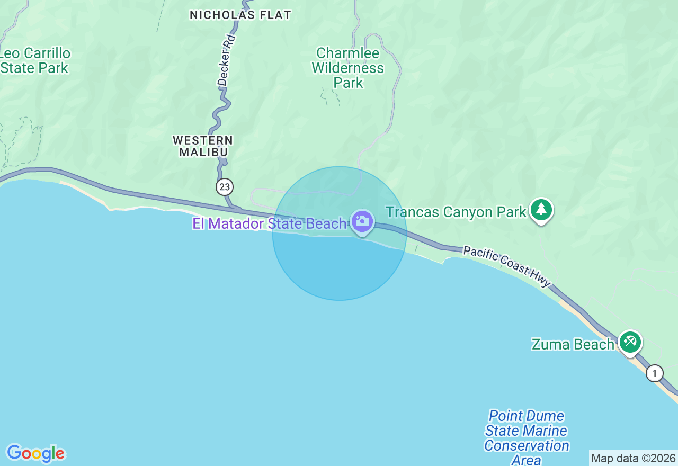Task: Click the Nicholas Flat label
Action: [240, 15]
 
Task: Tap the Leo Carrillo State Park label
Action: [35, 61]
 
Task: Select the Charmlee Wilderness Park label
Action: [348, 68]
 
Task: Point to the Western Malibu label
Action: [203, 146]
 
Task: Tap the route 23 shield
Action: [225, 186]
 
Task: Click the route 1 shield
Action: [655, 373]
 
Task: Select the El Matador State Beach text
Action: [269, 224]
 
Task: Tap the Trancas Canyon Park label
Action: [456, 212]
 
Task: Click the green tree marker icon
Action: [541, 210]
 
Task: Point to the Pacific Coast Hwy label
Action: [507, 265]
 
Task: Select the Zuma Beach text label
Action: [573, 344]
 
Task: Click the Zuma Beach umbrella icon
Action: [630, 342]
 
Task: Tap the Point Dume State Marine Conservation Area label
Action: [527, 438]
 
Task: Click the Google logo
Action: [35, 453]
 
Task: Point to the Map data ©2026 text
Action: [633, 458]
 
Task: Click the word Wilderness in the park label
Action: [348, 68]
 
